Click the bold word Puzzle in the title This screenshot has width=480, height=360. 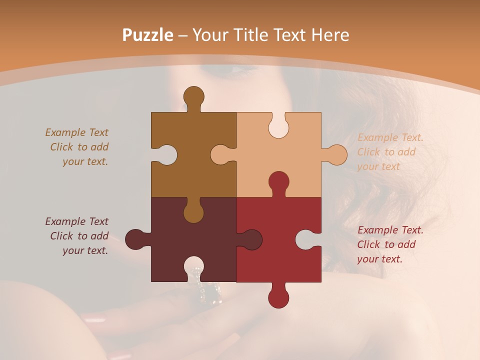click(x=148, y=35)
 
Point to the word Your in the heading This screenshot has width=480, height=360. click(x=207, y=35)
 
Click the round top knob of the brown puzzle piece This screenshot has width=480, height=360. click(x=193, y=96)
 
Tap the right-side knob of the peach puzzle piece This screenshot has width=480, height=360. click(x=335, y=154)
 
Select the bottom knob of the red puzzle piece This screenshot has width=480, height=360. click(x=278, y=296)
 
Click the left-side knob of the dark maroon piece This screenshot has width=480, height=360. click(x=136, y=239)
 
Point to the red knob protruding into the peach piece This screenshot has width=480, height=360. click(x=278, y=182)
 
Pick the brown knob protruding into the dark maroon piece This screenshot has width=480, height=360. click(x=193, y=211)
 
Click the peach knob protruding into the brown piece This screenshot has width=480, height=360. click(x=221, y=154)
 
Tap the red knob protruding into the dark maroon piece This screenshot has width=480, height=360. click(x=250, y=239)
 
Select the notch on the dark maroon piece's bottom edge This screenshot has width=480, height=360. click(x=193, y=268)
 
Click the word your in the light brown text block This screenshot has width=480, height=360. click(x=73, y=161)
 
